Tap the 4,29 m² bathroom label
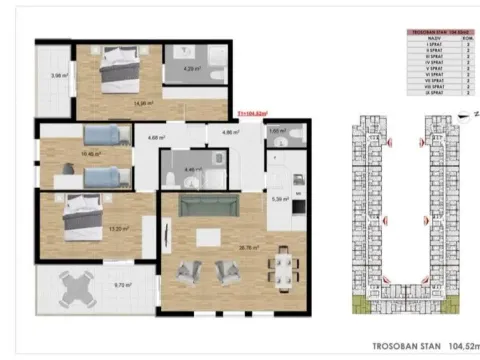click(193, 69)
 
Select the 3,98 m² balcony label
click(58, 75)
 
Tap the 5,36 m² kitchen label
click(280, 199)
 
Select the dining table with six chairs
click(284, 266)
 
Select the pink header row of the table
click(441, 32)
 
